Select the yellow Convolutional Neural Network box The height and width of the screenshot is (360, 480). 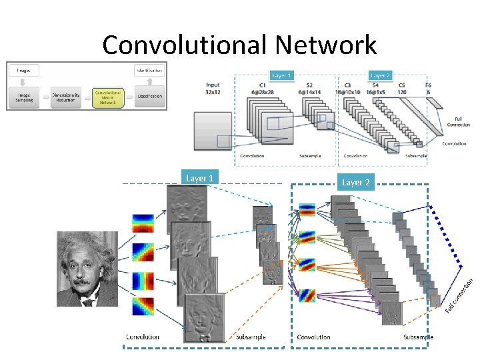click(x=108, y=98)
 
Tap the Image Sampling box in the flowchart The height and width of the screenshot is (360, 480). click(x=24, y=97)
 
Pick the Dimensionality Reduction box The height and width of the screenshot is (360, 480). click(x=66, y=97)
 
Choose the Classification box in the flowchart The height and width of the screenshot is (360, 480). click(x=149, y=97)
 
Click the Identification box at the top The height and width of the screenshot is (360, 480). click(x=149, y=70)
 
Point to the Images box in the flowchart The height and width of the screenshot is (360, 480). click(x=24, y=70)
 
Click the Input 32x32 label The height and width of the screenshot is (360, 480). click(x=213, y=89)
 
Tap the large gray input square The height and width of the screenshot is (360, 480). click(x=212, y=130)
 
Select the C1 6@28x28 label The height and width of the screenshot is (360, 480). click(x=263, y=89)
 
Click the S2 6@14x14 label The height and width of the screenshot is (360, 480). click(x=307, y=89)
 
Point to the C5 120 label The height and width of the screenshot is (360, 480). click(x=402, y=89)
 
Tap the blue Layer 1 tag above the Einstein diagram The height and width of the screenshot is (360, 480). click(x=200, y=178)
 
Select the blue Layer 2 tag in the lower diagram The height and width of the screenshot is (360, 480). click(x=356, y=182)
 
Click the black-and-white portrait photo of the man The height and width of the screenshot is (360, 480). click(x=87, y=268)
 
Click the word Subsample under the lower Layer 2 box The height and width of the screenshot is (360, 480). click(x=418, y=337)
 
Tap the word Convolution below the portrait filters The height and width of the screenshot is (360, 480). click(x=143, y=337)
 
